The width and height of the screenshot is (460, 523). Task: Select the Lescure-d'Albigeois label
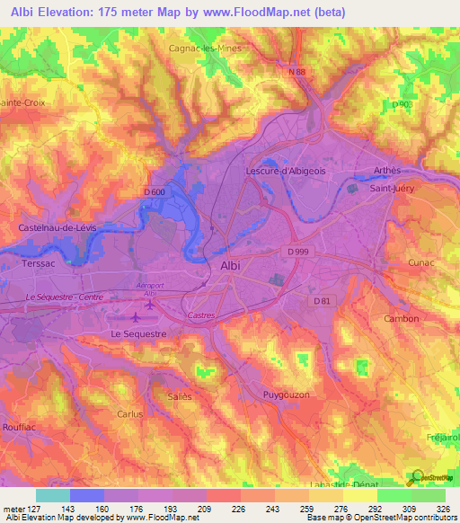[x=286, y=169]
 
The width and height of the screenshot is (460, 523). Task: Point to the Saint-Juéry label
[x=393, y=189]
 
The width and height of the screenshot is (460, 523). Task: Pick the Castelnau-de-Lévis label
[x=57, y=228]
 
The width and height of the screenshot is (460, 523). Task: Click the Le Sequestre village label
[x=138, y=333]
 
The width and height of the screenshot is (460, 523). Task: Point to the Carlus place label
[x=130, y=414]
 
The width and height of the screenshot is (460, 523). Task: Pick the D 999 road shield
[x=298, y=252]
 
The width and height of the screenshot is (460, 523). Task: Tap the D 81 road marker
[x=323, y=301]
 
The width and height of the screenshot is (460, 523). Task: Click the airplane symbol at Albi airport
[x=137, y=317]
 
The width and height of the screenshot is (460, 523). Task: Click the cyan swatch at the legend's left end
[x=52, y=495]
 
